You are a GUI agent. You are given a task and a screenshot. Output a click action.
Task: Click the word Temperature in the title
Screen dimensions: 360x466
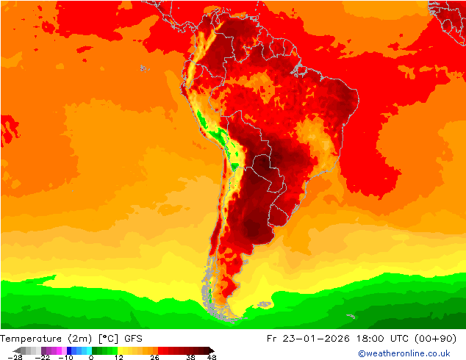coord(32,339)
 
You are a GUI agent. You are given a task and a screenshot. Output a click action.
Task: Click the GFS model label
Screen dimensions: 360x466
coord(133,339)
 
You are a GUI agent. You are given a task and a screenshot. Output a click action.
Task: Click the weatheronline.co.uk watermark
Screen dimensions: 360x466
coord(404,353)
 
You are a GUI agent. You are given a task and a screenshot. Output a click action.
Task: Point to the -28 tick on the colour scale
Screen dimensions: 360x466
coord(14,357)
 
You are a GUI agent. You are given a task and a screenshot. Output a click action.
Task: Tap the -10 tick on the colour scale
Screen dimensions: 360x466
coord(65,357)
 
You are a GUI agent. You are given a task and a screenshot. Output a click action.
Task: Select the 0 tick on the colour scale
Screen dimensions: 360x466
coord(91,357)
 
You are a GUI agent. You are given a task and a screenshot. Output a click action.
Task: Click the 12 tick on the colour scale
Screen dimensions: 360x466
coord(118,357)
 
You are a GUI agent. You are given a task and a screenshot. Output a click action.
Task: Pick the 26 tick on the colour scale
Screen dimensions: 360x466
coord(154,357)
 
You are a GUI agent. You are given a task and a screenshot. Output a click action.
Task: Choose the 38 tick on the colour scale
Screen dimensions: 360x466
coord(190,357)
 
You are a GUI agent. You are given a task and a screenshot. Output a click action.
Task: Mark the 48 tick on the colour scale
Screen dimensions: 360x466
coord(212,357)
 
